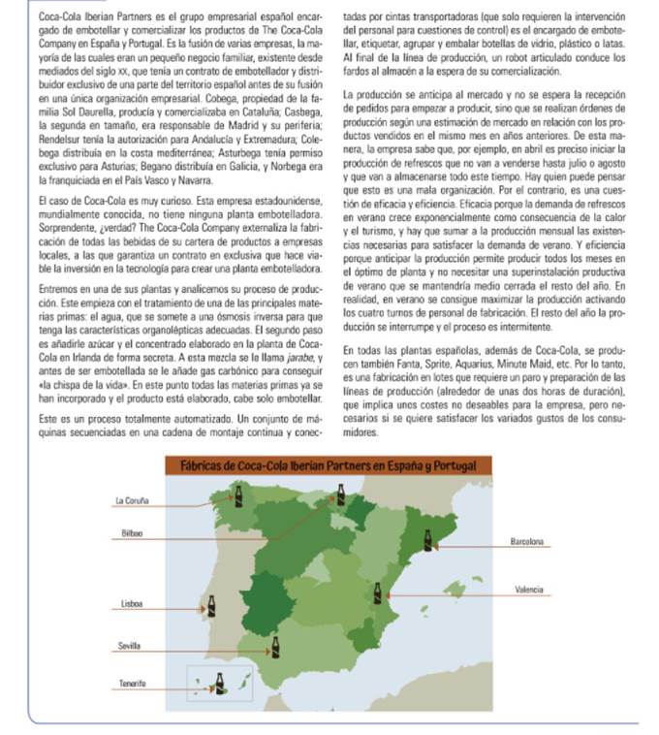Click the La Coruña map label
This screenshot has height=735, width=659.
point(129,500)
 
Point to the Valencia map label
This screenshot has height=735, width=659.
point(528,590)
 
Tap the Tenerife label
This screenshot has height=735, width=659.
point(132,684)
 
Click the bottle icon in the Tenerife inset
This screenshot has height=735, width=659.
point(221,682)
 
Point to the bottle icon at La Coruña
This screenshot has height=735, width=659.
point(240,497)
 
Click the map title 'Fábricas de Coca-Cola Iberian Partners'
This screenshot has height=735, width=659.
point(329,467)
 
